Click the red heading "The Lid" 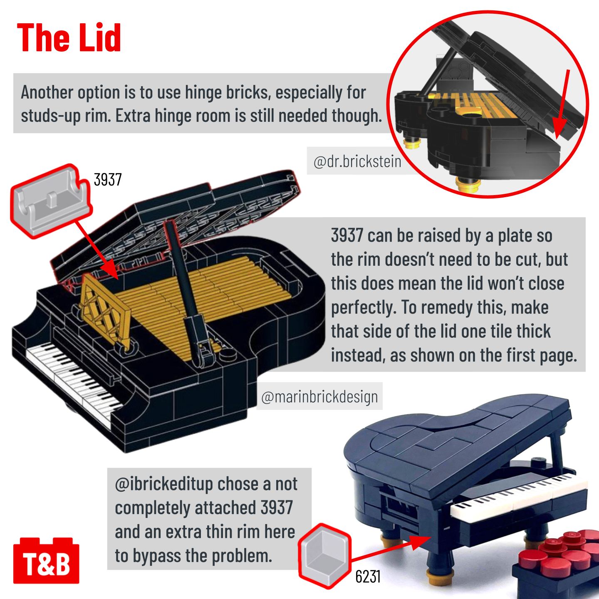pos(69,37)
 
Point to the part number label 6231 pos(368,577)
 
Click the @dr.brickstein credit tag pos(357,162)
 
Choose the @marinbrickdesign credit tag pos(319,397)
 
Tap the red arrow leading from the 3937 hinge pos(97,249)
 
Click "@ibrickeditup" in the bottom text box pos(164,485)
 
